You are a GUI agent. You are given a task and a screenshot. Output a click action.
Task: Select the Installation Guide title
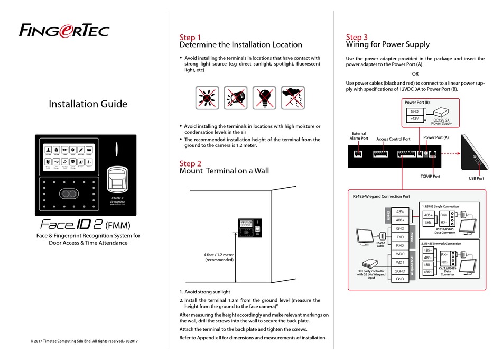[x=88, y=104]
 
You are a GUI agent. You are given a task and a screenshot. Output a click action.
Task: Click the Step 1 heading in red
[x=190, y=38]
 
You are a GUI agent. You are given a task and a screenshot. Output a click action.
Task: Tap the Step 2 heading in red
[x=190, y=163]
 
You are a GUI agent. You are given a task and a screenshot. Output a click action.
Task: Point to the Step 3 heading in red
[x=357, y=37]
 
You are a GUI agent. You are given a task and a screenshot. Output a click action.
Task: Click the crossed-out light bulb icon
[x=264, y=98]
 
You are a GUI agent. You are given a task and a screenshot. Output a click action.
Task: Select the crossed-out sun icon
[x=207, y=98]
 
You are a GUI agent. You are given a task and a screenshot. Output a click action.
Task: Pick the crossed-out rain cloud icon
[x=293, y=98]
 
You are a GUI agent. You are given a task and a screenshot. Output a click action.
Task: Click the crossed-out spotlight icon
[x=235, y=98]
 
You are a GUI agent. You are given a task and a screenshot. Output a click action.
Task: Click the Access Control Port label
[x=393, y=139]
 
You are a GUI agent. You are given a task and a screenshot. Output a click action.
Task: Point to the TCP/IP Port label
[x=430, y=176]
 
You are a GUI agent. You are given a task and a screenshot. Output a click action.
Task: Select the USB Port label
[x=476, y=179]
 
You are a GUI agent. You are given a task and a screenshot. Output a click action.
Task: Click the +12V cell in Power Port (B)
[x=415, y=119]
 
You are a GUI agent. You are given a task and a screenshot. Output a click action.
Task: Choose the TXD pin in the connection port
[x=400, y=237]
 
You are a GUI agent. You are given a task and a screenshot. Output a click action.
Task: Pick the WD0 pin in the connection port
[x=400, y=254]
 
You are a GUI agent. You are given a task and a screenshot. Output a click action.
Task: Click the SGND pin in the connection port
[x=400, y=270]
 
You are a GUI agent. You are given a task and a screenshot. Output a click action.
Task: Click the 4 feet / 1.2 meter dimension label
[x=219, y=257]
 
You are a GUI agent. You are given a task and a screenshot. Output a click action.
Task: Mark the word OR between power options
[x=415, y=74]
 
